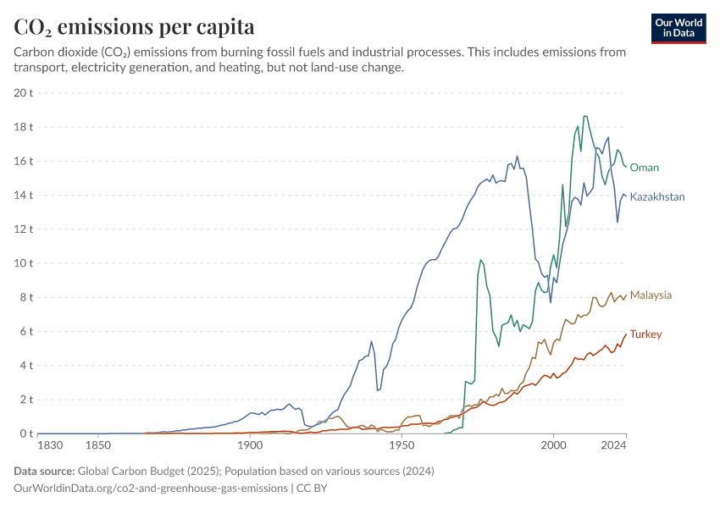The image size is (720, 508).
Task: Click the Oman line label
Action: (x=644, y=168)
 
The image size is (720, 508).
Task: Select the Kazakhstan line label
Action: (x=657, y=197)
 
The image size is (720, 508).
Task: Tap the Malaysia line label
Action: (x=651, y=295)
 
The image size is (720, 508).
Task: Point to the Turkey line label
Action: (x=645, y=334)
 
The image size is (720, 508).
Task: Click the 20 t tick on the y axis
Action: (x=24, y=92)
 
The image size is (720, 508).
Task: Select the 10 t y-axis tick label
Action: (x=24, y=263)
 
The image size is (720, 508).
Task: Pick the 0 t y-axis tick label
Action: (x=26, y=433)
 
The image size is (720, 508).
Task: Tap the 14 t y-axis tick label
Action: (x=24, y=195)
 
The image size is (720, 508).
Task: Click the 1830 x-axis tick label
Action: (x=50, y=445)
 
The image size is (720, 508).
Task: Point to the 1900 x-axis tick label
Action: (x=250, y=445)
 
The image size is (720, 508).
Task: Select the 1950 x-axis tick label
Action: (x=402, y=445)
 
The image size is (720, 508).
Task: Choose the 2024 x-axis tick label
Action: (x=613, y=445)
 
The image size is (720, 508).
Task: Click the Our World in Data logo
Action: (x=678, y=29)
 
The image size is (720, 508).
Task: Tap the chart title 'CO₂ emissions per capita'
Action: (x=134, y=26)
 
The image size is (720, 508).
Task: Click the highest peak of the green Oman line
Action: (x=584, y=116)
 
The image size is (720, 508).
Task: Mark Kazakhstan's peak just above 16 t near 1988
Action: (x=517, y=156)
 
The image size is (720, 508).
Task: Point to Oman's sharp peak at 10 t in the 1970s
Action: (x=480, y=260)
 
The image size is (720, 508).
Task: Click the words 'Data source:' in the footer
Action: (x=44, y=472)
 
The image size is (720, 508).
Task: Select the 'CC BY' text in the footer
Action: (x=312, y=488)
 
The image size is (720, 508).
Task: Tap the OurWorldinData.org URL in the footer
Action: (x=151, y=488)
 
